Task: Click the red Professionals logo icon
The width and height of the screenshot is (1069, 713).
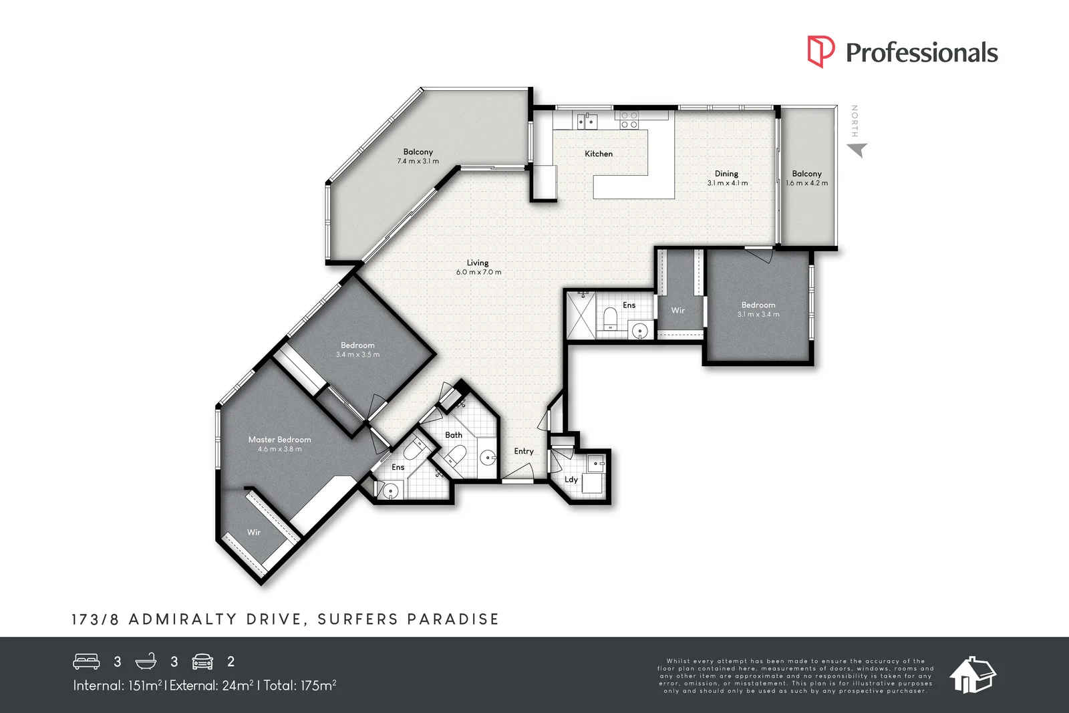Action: pos(821,51)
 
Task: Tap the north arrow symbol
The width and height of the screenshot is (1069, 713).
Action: pos(857,150)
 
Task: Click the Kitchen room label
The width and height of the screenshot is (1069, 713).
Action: pos(599,154)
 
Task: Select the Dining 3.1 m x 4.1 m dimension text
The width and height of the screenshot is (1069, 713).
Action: pos(728,183)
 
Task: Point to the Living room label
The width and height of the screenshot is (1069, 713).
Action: pos(478,263)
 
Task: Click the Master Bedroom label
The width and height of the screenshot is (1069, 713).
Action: pos(280,440)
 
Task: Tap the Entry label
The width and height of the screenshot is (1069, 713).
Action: pos(524,451)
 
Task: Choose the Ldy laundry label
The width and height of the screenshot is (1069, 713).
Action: pos(571,480)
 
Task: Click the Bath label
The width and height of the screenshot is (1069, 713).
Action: pos(454,435)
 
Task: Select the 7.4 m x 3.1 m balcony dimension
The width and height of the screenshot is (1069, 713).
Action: pos(418,161)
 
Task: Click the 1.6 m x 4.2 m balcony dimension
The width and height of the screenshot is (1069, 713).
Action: pos(807,183)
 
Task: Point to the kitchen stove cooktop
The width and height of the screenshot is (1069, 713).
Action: pos(629,120)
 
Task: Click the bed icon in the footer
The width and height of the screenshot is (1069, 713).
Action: pos(86,662)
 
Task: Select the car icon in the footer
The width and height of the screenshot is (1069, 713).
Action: pos(202,662)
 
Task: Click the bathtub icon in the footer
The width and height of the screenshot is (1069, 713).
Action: pos(146,662)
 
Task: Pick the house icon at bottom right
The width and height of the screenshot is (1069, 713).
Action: pos(973,675)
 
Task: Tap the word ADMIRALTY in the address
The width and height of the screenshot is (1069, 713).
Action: pos(183,619)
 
